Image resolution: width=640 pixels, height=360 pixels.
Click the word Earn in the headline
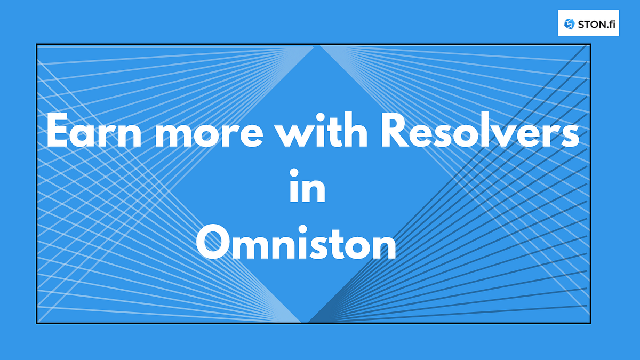pyautogui.click(x=94, y=130)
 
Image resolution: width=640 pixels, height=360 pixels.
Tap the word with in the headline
pyautogui.click(x=322, y=130)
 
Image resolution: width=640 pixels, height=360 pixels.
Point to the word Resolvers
pyautogui.click(x=479, y=130)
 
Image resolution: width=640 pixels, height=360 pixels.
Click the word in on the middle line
pyautogui.click(x=307, y=186)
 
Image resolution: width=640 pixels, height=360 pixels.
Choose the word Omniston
pyautogui.click(x=296, y=242)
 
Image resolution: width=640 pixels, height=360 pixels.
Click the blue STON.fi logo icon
pyautogui.click(x=569, y=24)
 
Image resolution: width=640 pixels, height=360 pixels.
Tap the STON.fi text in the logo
pyautogui.click(x=597, y=25)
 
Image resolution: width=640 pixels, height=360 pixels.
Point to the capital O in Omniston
pyautogui.click(x=213, y=242)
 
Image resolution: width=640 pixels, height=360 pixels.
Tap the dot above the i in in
pyautogui.click(x=294, y=173)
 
